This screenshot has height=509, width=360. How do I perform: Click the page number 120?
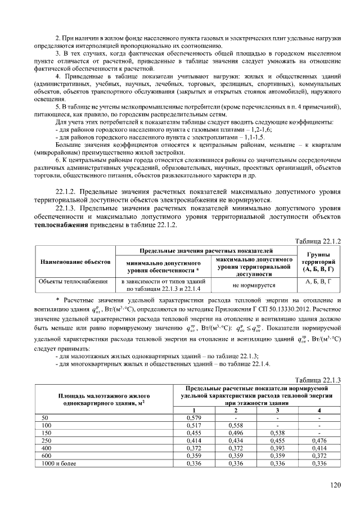pyautogui.click(x=336, y=484)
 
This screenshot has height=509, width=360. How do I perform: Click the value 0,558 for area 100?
pyautogui.click(x=235, y=426)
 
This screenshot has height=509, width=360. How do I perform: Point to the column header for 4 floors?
pyautogui.click(x=319, y=411)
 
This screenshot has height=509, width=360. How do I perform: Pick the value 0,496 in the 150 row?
pyautogui.click(x=235, y=433)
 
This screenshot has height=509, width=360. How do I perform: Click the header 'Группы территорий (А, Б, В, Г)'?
pyautogui.click(x=318, y=262)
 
